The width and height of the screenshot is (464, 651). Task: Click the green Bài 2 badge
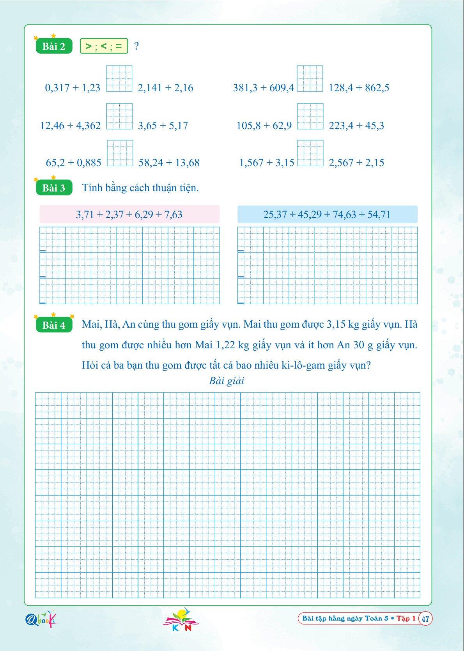(x=54, y=46)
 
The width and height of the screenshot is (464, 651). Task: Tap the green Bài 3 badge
(x=54, y=188)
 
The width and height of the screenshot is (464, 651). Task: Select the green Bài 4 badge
(x=54, y=325)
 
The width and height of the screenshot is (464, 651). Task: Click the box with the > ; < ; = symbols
(x=104, y=46)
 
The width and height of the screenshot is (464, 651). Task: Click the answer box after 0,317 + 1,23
(x=119, y=79)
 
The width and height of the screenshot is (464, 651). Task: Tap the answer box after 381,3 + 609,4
(x=310, y=79)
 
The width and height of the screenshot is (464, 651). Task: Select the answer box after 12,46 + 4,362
(x=119, y=116)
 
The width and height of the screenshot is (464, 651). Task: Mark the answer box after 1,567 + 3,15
(x=310, y=153)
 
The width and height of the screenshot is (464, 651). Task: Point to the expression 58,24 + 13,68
(x=169, y=163)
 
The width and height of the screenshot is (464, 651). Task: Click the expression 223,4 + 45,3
(x=356, y=126)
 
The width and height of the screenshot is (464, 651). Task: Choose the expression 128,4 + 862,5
(x=359, y=88)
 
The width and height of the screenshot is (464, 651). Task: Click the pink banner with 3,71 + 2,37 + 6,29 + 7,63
(x=129, y=215)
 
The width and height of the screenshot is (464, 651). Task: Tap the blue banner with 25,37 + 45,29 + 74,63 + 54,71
(x=327, y=215)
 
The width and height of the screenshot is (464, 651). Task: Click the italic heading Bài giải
(x=227, y=381)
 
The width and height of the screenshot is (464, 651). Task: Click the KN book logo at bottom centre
(x=181, y=620)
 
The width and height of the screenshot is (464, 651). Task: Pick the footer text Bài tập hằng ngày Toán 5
(x=345, y=619)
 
